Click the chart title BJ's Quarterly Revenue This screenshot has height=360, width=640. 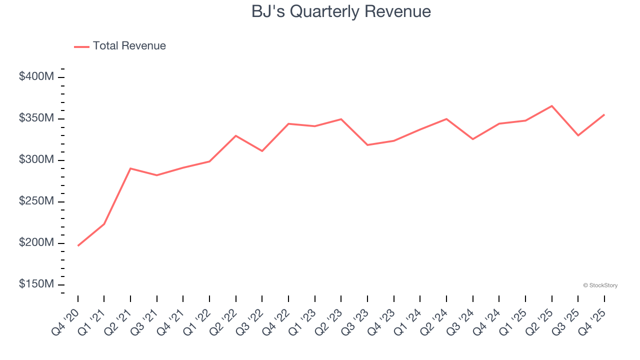click(x=341, y=11)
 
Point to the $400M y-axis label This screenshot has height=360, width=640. click(x=36, y=77)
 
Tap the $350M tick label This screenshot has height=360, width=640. click(x=36, y=118)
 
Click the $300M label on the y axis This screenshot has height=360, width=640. click(x=36, y=160)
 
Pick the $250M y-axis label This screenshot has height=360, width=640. click(x=36, y=201)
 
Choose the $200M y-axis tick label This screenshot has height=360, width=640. click(x=36, y=243)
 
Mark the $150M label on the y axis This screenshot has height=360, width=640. click(x=36, y=284)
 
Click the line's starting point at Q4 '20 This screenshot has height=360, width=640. click(x=78, y=245)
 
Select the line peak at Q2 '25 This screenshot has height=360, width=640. click(x=551, y=106)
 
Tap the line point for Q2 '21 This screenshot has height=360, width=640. click(x=130, y=168)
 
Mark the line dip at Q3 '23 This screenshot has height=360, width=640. click(x=367, y=145)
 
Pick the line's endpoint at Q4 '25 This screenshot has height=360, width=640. click(x=604, y=115)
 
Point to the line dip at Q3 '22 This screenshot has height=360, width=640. click(x=262, y=151)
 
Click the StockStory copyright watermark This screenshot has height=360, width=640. click(x=600, y=285)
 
